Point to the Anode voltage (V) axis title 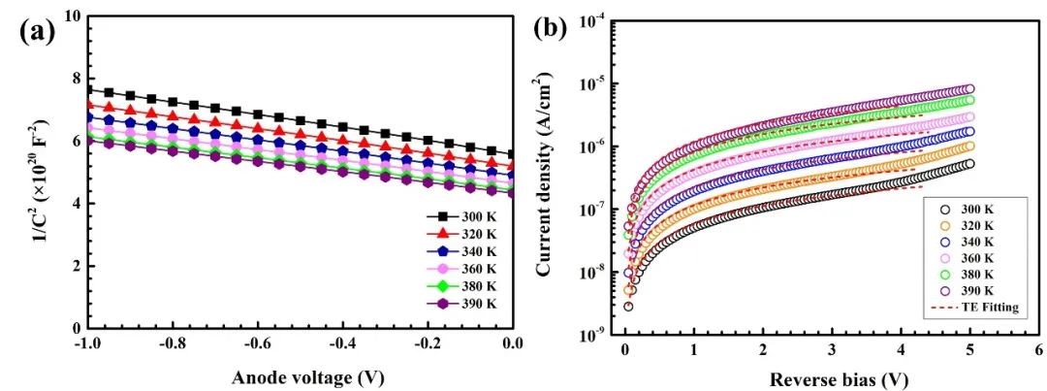coord(299,376)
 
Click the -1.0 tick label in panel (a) coord(85,345)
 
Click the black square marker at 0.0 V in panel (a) coord(512,154)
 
